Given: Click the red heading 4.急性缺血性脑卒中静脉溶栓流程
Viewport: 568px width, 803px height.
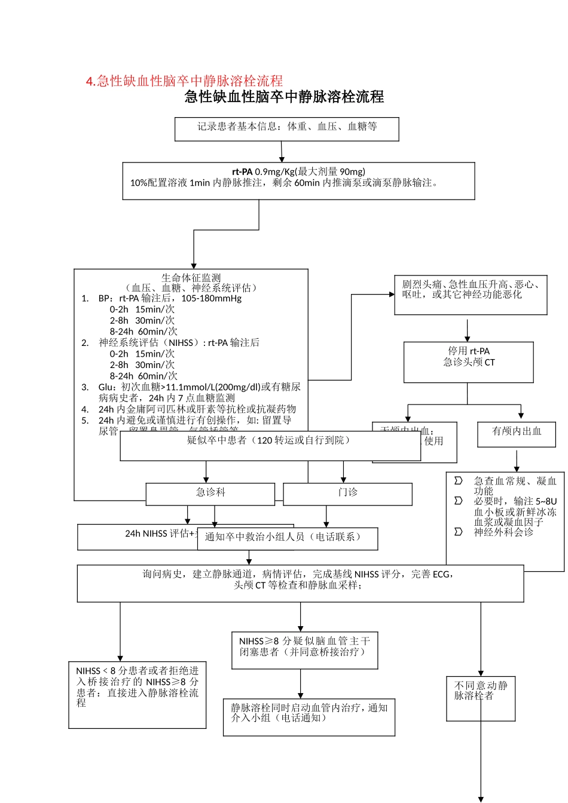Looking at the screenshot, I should pyautogui.click(x=184, y=81).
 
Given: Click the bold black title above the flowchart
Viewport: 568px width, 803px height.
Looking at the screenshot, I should pyautogui.click(x=284, y=97).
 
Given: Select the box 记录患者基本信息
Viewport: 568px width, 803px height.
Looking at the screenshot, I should pyautogui.click(x=286, y=128).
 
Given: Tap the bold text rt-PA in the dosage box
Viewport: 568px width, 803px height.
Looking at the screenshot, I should pyautogui.click(x=242, y=172).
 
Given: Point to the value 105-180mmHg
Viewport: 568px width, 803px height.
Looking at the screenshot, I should pyautogui.click(x=212, y=298).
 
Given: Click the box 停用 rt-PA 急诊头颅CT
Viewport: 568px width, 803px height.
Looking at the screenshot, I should pyautogui.click(x=468, y=361).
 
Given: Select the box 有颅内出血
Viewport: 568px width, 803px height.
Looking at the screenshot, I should pyautogui.click(x=516, y=434).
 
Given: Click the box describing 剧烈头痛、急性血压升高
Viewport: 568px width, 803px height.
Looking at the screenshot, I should pyautogui.click(x=471, y=295).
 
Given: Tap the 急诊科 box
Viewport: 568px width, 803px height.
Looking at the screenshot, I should pyautogui.click(x=210, y=494).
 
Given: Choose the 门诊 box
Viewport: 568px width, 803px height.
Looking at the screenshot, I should pyautogui.click(x=347, y=494).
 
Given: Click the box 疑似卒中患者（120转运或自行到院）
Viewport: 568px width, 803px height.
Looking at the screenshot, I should pyautogui.click(x=270, y=445).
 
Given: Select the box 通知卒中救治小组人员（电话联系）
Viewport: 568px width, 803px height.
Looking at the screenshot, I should pyautogui.click(x=288, y=538).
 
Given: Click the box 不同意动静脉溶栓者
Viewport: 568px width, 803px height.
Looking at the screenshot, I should pyautogui.click(x=480, y=697).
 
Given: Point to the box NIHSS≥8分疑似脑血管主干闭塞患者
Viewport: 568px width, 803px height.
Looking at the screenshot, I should pyautogui.click(x=304, y=649).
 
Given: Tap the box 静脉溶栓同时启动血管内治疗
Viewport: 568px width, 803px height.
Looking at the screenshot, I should pyautogui.click(x=309, y=717).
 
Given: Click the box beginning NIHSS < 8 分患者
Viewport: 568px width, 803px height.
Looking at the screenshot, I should pyautogui.click(x=138, y=694).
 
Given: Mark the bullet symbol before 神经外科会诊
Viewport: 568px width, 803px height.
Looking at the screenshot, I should pyautogui.click(x=459, y=532).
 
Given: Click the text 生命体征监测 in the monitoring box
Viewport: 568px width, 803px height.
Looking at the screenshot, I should pyautogui.click(x=191, y=278).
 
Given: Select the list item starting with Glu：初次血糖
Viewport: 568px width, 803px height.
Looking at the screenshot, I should pyautogui.click(x=199, y=393).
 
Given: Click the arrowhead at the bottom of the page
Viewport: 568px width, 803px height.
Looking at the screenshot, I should pyautogui.click(x=481, y=799).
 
